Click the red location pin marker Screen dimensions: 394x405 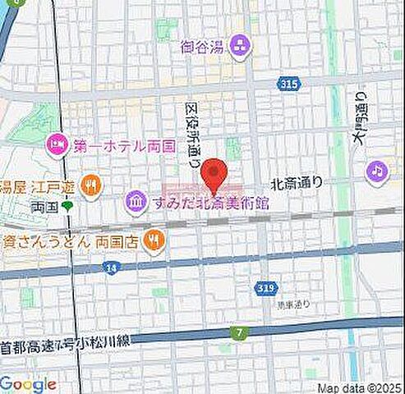214,174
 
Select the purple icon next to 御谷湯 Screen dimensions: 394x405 241,46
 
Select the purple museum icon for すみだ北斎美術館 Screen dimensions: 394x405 134,199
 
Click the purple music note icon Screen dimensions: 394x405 376,171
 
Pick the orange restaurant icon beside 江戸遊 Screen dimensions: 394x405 93,186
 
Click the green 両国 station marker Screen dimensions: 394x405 68,206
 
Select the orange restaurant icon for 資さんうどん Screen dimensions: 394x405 153,239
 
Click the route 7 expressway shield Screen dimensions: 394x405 239,332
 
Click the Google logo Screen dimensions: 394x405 29,384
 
